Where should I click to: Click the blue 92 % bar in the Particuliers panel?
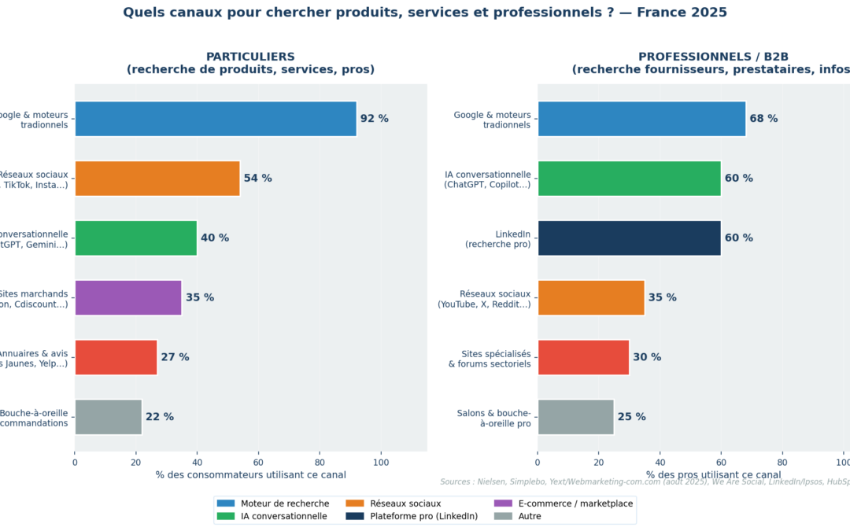click(x=215, y=119)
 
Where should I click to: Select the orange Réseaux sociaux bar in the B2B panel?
click(x=590, y=297)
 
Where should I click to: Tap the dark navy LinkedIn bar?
click(x=629, y=238)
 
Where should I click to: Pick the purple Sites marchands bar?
click(x=128, y=297)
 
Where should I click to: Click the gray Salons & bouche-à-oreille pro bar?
click(x=575, y=417)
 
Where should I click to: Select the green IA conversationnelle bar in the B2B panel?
click(x=629, y=179)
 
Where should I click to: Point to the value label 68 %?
click(x=763, y=119)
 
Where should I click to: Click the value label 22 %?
click(x=159, y=417)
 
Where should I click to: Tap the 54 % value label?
click(x=257, y=179)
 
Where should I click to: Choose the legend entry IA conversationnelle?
click(x=283, y=516)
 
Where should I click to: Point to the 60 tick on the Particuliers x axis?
click(x=258, y=463)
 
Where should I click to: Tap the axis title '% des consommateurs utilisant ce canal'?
click(x=250, y=475)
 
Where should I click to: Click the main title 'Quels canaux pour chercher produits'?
click(x=425, y=13)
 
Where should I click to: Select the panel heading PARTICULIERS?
click(x=250, y=57)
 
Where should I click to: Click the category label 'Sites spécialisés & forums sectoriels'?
click(x=490, y=358)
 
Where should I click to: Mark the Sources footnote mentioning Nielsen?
click(x=645, y=481)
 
